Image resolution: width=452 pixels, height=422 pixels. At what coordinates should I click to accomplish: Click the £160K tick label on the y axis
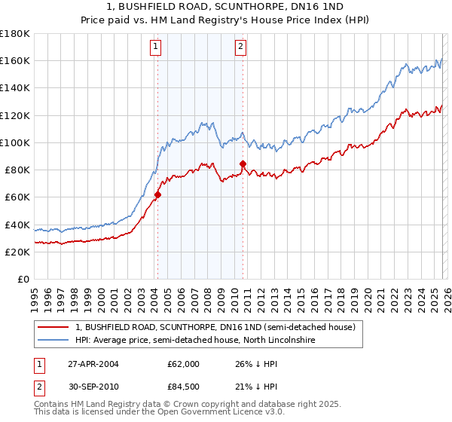click(15, 60)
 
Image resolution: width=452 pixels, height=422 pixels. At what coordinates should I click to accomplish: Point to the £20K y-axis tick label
click(17, 252)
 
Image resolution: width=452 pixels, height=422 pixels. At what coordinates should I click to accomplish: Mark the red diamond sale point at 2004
click(157, 194)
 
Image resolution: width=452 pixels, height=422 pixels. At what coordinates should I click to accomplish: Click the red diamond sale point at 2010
click(243, 164)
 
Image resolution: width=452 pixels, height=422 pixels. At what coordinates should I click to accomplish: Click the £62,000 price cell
click(184, 364)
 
